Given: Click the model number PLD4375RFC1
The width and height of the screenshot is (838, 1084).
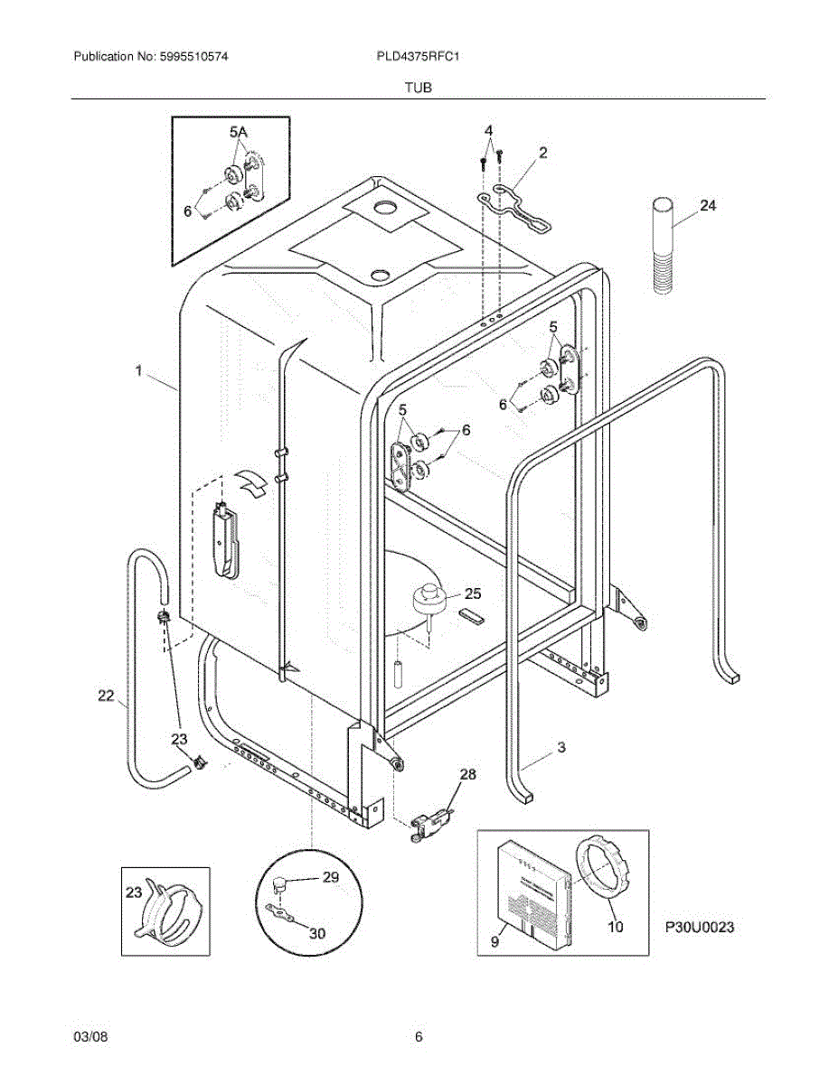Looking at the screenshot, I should tap(420, 56).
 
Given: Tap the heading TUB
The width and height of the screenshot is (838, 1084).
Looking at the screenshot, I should tap(419, 88).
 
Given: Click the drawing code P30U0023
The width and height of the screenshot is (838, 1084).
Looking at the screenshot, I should tap(698, 927).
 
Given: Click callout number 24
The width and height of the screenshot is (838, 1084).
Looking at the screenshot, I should tap(707, 206).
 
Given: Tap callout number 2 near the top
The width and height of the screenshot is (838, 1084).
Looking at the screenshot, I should tap(542, 154).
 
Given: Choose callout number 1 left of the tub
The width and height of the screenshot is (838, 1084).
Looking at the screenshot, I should tap(138, 370).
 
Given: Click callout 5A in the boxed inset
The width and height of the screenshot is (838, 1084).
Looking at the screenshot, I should tap(238, 133).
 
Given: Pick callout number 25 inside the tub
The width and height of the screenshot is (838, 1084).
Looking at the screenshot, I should tap(473, 593).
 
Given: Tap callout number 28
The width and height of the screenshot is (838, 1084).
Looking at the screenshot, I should tap(466, 774).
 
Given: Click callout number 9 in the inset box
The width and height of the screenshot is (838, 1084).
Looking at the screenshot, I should tap(494, 940).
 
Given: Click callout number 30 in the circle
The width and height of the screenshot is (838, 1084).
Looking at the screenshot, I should tap(316, 933).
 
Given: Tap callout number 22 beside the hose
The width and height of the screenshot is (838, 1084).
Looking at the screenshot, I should tap(106, 695).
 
